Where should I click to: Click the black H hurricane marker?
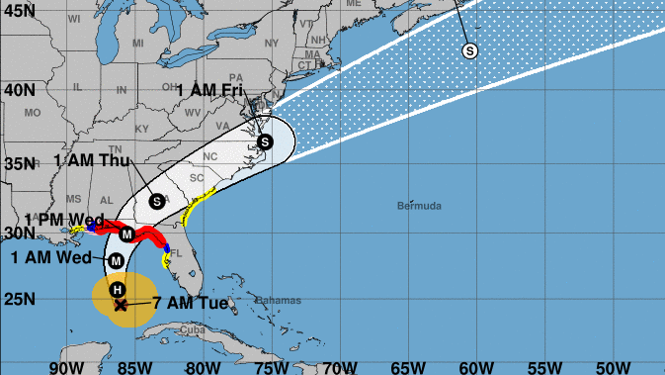tap(118, 289)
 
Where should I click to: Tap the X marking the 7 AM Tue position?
tap(121, 305)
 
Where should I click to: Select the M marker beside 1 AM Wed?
tap(116, 260)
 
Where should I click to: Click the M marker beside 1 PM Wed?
tap(126, 234)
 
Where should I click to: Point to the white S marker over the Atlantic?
tap(469, 50)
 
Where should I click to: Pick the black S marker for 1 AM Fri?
tap(264, 142)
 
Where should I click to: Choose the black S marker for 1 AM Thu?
tap(156, 201)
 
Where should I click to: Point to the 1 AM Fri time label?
tap(209, 90)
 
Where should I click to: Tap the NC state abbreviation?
tap(209, 156)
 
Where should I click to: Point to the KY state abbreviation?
tap(140, 129)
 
